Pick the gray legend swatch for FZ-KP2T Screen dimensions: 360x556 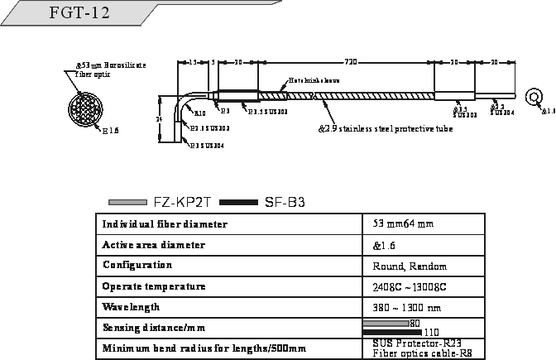(x=128, y=202)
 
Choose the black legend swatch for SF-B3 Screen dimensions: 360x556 (x=240, y=202)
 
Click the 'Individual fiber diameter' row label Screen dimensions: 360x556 (x=165, y=225)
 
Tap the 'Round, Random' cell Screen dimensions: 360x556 (x=410, y=266)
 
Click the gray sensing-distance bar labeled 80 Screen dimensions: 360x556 (x=386, y=322)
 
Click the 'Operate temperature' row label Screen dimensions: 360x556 (x=153, y=286)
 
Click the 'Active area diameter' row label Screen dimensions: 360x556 (x=154, y=246)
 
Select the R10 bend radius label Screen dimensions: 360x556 (x=199, y=112)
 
